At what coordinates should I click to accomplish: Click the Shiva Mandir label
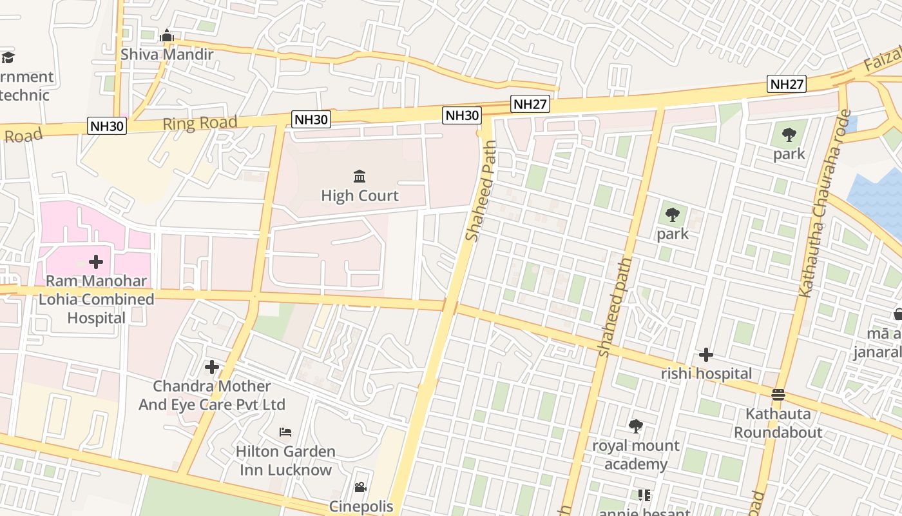167,54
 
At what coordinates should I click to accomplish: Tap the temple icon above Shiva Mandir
167,35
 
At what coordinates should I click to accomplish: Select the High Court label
360,195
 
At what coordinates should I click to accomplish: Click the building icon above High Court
360,176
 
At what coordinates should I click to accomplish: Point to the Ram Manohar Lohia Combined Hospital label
97,299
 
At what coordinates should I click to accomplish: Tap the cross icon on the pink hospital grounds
96,262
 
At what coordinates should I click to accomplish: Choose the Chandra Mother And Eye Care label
212,395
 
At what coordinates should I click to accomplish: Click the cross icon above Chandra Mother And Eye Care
212,367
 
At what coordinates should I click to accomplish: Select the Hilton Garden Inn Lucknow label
285,461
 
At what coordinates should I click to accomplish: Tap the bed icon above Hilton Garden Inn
285,432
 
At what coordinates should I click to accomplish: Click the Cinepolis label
361,506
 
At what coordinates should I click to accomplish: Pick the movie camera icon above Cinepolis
360,487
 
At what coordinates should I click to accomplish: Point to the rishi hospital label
706,373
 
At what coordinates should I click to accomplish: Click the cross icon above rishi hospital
706,355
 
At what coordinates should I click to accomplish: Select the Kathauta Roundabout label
778,422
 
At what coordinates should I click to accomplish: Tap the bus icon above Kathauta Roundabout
778,394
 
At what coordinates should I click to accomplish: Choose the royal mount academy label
636,455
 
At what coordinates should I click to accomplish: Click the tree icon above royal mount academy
636,426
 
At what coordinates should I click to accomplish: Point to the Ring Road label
200,123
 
